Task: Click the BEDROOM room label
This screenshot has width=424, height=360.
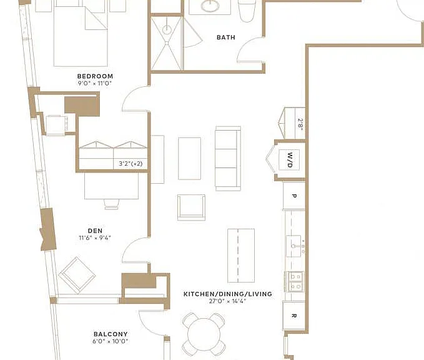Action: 95,76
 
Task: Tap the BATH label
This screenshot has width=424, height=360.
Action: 226,37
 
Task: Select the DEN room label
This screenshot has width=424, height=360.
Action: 95,231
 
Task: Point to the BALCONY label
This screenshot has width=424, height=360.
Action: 111,334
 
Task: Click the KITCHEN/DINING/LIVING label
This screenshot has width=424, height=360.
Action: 228,294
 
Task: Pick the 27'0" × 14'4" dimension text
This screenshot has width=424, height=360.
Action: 227,301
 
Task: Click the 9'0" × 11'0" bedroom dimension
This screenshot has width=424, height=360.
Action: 95,83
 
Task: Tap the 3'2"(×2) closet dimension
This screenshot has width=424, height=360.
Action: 131,164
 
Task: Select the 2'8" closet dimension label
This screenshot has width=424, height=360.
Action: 300,124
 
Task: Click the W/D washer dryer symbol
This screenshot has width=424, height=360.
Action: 289,160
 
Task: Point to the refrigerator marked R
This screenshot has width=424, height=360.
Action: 294,316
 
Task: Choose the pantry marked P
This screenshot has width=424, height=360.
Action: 294,196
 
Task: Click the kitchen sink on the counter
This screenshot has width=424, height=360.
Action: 294,246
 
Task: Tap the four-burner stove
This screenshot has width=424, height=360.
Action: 295,281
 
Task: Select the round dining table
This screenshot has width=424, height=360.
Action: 204,335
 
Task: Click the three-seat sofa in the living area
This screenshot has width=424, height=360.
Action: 228,158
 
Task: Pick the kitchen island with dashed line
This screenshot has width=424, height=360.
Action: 241,256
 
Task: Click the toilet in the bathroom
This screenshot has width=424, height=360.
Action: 247,11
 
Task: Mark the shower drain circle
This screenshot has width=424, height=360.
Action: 167,29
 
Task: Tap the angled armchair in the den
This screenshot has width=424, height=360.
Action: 77,275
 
